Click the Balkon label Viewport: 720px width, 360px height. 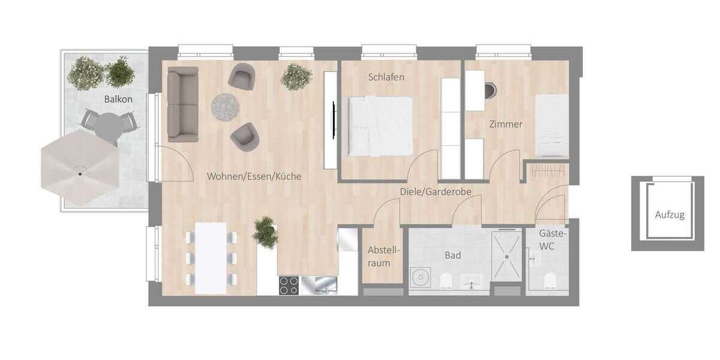click(118, 99)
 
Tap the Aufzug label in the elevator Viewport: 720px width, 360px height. click(669, 214)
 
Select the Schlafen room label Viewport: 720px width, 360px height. click(386, 77)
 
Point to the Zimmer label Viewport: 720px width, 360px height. click(505, 125)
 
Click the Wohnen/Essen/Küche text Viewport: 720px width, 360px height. click(254, 177)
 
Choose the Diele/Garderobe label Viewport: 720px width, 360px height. click(436, 192)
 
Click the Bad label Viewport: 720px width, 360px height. click(452, 255)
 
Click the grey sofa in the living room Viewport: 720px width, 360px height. click(182, 104)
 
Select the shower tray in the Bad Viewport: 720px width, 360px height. click(507, 256)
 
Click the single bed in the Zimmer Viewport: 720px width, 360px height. click(550, 126)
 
